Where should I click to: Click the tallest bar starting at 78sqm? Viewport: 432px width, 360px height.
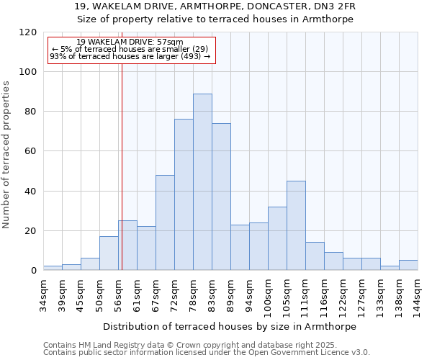[x=202, y=182]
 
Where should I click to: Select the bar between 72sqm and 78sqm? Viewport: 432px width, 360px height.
[x=184, y=194]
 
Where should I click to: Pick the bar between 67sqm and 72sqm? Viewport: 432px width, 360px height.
[x=165, y=222]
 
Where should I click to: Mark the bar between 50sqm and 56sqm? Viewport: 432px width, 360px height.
[x=109, y=253]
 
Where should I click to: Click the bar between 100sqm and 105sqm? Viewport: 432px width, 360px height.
[x=277, y=238]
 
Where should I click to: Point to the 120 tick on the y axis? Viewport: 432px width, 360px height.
[x=28, y=32]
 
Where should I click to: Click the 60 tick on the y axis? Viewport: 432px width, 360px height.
[x=31, y=151]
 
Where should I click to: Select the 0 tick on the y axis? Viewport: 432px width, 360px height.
[x=33, y=271]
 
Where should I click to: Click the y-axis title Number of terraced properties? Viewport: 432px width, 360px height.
[x=6, y=155]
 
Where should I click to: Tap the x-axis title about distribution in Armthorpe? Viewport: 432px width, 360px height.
[x=230, y=326]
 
